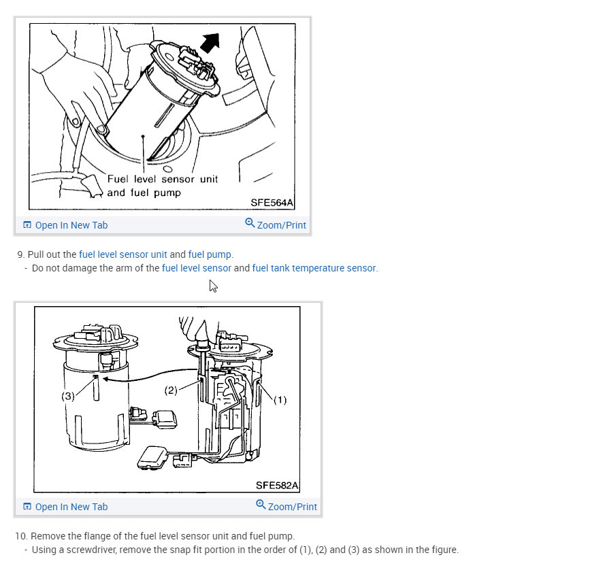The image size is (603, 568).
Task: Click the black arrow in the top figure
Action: click(x=210, y=43)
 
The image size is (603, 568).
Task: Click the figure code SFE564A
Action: click(x=272, y=203)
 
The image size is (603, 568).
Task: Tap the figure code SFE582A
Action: click(x=277, y=486)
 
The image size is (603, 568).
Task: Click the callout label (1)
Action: click(x=280, y=400)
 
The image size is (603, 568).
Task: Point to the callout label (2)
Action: click(x=171, y=390)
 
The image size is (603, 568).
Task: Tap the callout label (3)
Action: click(x=68, y=396)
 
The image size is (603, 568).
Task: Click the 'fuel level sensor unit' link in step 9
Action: click(x=123, y=254)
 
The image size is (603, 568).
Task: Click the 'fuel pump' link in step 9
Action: click(x=210, y=255)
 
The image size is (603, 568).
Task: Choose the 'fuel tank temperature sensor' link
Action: click(x=314, y=268)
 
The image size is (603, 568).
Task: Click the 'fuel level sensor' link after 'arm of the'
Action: click(x=197, y=268)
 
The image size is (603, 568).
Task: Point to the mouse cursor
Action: click(x=213, y=286)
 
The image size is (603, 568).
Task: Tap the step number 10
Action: click(x=21, y=536)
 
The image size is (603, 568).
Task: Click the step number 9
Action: click(x=20, y=254)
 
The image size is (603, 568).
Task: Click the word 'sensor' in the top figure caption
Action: click(x=178, y=180)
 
